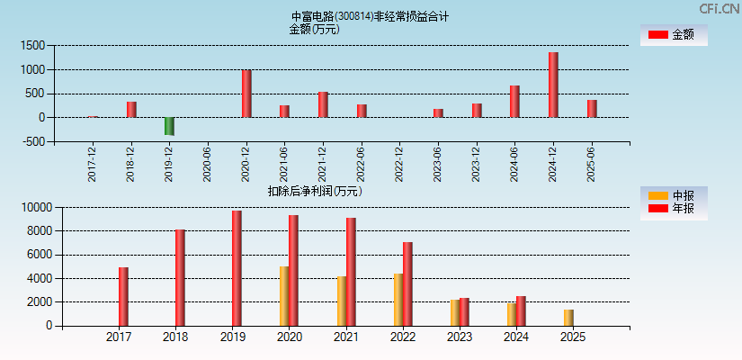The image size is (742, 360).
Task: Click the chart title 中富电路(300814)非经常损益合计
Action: coord(370,16)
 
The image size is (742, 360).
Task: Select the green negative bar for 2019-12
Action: coord(169,126)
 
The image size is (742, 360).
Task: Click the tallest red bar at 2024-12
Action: coord(553,85)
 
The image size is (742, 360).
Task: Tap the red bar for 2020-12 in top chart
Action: coord(246,94)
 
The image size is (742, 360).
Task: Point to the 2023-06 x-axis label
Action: coord(438,165)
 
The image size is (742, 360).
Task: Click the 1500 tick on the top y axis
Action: coord(33,45)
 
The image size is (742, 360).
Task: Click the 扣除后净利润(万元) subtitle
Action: coord(315,191)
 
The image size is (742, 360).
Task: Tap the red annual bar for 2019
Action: coord(237,268)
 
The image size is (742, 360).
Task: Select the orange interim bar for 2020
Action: coord(284,296)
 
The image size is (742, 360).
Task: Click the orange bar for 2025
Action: coord(568,318)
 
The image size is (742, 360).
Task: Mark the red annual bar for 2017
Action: coord(123,297)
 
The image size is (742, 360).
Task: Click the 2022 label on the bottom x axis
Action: coord(402,337)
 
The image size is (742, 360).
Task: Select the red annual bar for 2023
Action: coord(464,311)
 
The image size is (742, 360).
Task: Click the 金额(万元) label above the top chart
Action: coord(314,29)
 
